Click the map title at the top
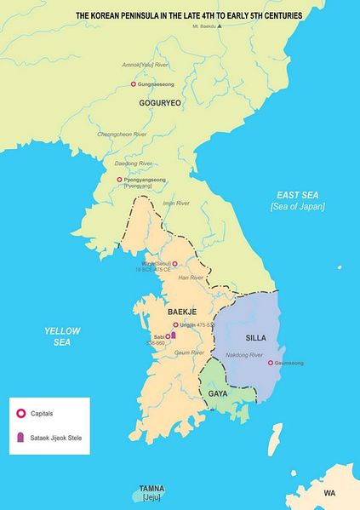(190, 15)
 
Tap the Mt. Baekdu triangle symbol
(220, 26)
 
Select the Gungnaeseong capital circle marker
(134, 84)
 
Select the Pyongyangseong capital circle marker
(120, 180)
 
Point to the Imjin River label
(175, 203)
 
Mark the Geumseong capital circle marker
(270, 363)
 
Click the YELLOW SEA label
(57, 335)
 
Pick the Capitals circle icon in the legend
(20, 413)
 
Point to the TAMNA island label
(152, 490)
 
